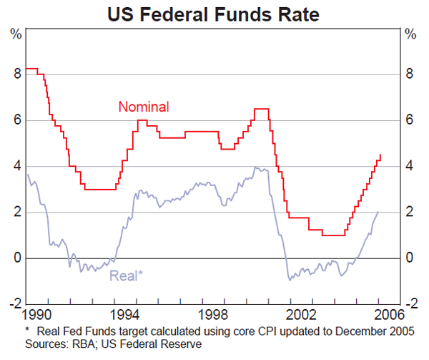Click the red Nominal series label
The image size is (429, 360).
coord(143,107)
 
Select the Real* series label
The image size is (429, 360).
coord(126,274)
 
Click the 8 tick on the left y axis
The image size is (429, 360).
coord(16,74)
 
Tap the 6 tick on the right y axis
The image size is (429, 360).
coord(409,120)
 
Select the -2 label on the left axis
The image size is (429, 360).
coord(14,303)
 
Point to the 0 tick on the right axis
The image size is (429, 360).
coord(409,258)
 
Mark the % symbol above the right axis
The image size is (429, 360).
coord(410,34)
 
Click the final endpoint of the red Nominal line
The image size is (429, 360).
coord(380,154)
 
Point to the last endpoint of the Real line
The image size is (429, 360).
coord(378,212)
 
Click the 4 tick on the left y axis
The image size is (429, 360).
coord(16,166)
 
